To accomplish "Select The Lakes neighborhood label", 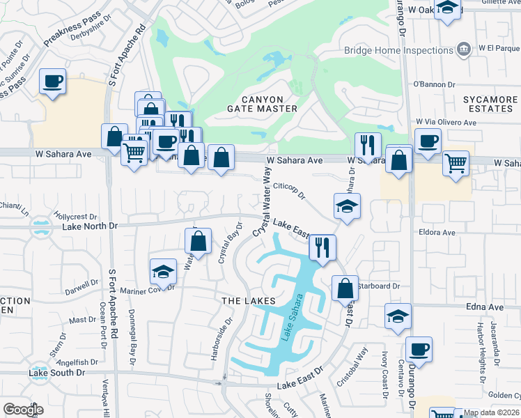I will tap(244, 301).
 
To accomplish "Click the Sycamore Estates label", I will tap(490, 104).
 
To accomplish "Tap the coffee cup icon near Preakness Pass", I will tap(52, 82).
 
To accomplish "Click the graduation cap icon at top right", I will tap(448, 8).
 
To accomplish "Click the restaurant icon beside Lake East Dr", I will tap(322, 247).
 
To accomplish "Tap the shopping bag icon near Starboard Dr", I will tap(345, 287).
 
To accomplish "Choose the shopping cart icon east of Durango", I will tap(456, 164).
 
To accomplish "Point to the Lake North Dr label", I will tap(90, 226).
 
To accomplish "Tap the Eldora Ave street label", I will tap(437, 232).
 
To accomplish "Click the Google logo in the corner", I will tap(24, 409).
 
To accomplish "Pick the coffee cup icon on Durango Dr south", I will tap(419, 349).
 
